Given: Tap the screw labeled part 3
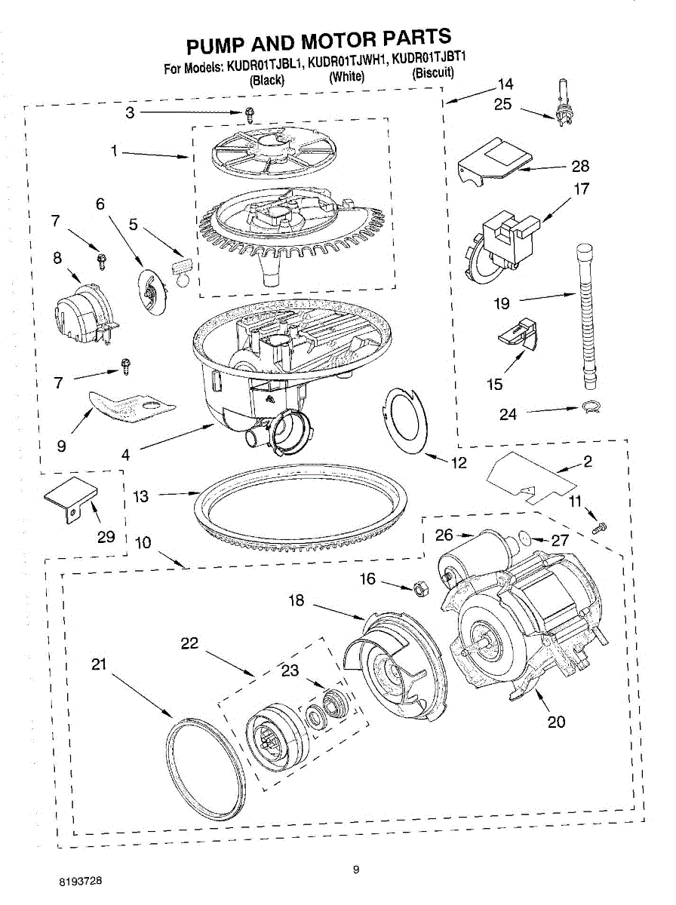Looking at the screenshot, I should (249, 114).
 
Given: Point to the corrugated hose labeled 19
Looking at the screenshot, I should (587, 309).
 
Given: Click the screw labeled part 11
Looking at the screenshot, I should (601, 526).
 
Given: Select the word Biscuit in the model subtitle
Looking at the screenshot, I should (432, 73).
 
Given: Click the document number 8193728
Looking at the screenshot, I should (81, 880).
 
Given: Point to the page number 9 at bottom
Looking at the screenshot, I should (355, 870).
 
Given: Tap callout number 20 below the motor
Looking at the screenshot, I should (555, 722).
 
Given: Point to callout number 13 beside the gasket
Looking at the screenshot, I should (140, 495).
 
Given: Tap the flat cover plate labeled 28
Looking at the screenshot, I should (495, 160).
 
